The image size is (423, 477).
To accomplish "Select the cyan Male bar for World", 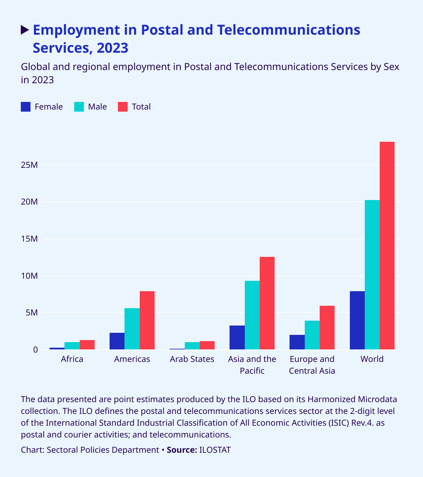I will (x=372, y=275).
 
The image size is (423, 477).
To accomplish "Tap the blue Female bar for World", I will (x=357, y=320).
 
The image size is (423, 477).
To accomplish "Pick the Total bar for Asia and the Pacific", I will (x=267, y=303).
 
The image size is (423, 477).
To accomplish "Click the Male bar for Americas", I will (x=132, y=329).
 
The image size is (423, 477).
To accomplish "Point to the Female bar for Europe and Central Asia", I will (x=297, y=342).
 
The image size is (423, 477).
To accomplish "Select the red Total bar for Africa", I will (x=87, y=345).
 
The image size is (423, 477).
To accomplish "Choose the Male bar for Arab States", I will (x=192, y=346).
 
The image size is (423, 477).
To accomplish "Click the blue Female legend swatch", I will (x=26, y=107).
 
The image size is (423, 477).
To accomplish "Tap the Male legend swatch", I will (x=79, y=107).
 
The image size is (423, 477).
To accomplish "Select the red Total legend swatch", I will (x=123, y=107).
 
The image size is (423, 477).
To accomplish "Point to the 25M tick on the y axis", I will (x=29, y=165).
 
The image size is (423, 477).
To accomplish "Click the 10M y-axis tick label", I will (x=29, y=276).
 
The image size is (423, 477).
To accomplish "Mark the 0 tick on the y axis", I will (x=35, y=350).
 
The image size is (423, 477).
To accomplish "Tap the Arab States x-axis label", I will (x=192, y=359).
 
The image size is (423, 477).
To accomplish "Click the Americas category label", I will (x=132, y=359).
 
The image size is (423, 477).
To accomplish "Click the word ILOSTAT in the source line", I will (x=215, y=450).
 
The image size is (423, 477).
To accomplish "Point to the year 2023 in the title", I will (x=113, y=48).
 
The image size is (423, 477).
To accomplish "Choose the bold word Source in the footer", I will (x=182, y=450).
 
